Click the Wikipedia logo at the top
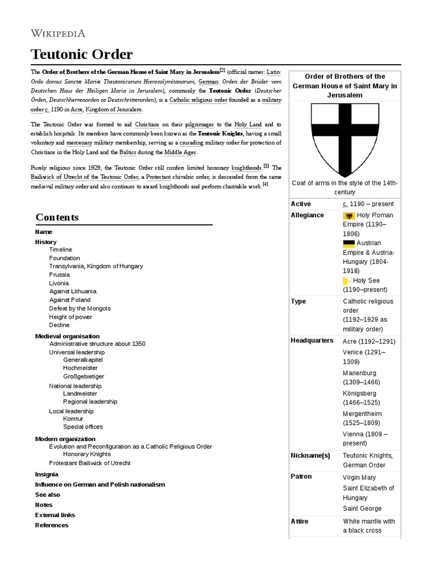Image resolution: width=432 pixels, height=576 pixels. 57,33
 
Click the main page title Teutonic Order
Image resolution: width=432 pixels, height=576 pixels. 82,55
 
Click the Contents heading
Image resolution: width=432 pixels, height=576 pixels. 57,217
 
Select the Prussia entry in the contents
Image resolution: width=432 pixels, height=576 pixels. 60,274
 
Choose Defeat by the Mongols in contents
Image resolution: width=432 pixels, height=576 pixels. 80,308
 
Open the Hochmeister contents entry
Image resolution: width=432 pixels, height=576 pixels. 80,368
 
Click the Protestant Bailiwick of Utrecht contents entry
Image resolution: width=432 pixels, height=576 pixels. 89,463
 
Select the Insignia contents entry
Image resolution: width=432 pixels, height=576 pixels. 47,474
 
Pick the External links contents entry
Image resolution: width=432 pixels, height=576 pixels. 55,515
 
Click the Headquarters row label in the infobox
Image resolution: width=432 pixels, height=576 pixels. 312,341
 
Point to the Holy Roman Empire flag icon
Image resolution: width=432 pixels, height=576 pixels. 349,215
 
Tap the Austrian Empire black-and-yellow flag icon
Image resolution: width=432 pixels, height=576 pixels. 349,244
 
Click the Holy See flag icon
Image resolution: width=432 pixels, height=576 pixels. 347,281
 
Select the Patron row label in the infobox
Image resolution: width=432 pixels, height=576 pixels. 301,476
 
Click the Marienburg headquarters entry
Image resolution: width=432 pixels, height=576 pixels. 359,373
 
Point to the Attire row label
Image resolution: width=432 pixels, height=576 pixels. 299,521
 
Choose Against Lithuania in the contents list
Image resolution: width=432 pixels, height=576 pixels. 73,291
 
